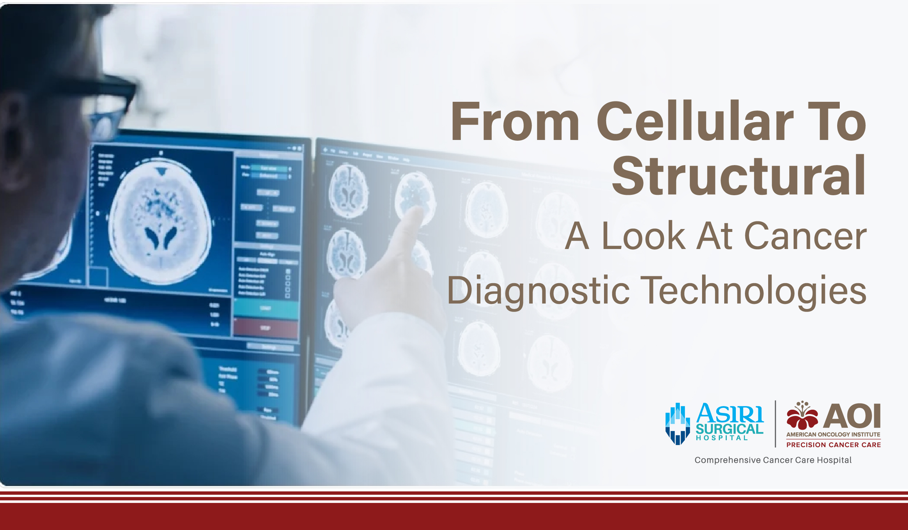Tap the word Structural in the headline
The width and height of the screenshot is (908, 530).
pos(739,176)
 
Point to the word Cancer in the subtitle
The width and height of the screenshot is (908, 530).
pos(806,236)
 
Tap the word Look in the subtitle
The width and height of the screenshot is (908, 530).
pos(643,236)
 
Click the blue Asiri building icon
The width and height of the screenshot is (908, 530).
pos(677,424)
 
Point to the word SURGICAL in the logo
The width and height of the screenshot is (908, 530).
pos(729,429)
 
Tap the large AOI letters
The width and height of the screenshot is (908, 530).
pos(852,416)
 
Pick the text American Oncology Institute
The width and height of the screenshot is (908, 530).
pos(833,434)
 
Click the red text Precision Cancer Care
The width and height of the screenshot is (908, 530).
pos(834,445)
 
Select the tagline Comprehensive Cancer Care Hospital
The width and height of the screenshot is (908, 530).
pos(773,460)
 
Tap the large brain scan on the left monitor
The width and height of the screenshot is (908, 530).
pos(160,222)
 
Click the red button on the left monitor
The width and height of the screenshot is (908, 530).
pos(265,328)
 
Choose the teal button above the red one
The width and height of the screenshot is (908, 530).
pos(265,308)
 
